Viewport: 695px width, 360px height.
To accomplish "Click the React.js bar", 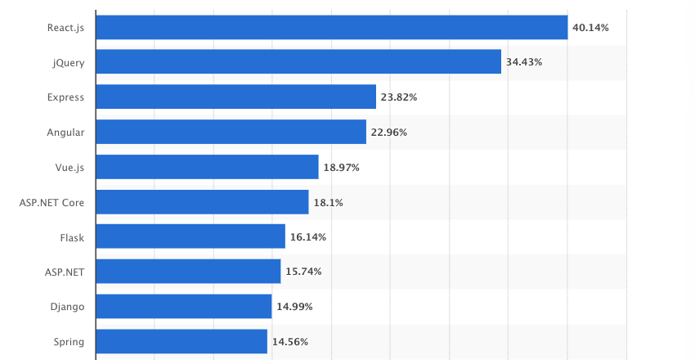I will (331, 27).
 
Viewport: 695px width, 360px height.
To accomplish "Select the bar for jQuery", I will (298, 61).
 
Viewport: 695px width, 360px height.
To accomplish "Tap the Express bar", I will (235, 97).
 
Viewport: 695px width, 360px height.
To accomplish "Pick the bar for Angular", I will (231, 132).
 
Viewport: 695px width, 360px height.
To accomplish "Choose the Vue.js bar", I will (207, 167).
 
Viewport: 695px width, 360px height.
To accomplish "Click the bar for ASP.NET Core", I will (202, 202).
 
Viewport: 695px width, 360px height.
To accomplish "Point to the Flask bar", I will (191, 236).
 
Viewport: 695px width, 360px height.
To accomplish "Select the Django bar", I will (184, 307).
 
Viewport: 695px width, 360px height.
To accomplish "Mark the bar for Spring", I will (182, 341).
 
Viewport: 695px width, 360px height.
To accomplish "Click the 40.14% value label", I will (590, 27).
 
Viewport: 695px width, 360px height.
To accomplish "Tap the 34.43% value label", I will (523, 62).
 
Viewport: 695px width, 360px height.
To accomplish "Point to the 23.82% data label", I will (398, 97).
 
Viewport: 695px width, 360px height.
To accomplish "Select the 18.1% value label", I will (327, 202).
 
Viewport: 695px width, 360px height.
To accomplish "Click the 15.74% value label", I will (303, 272).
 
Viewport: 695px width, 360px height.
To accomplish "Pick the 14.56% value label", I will (289, 342).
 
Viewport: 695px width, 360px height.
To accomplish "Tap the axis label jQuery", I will (69, 62).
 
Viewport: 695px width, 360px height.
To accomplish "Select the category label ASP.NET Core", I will (52, 202).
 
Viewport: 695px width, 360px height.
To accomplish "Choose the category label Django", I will (67, 307).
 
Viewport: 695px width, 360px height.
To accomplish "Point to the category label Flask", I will (72, 237).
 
